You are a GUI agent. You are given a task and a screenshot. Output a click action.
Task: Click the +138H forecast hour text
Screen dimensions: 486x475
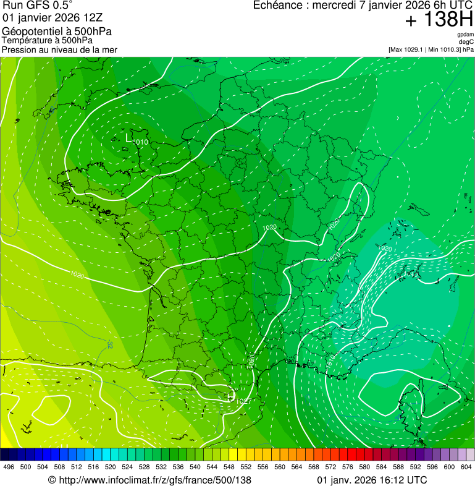click(x=439, y=20)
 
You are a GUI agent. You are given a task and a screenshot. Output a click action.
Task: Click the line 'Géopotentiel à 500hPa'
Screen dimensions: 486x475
click(x=57, y=32)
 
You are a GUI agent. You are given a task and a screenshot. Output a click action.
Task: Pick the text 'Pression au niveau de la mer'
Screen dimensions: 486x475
click(x=59, y=49)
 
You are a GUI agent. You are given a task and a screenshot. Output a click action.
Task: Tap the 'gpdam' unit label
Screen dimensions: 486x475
click(x=465, y=35)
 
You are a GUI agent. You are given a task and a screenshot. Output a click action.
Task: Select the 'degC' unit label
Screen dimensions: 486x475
click(x=466, y=42)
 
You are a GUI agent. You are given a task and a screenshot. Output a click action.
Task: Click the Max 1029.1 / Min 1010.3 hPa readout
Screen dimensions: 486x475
click(x=431, y=49)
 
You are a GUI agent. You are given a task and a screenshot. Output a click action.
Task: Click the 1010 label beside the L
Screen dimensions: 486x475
click(x=141, y=143)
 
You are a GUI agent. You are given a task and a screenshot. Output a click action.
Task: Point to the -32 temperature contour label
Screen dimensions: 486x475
click(x=109, y=344)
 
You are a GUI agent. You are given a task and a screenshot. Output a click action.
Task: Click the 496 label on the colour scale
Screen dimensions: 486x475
click(x=9, y=467)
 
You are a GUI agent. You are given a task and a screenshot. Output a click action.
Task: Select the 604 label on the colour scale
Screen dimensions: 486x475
click(x=466, y=467)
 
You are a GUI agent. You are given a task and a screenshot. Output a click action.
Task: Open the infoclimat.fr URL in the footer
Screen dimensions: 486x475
click(x=149, y=480)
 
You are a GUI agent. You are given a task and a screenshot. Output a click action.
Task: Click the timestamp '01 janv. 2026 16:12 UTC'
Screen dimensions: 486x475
click(x=371, y=480)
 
